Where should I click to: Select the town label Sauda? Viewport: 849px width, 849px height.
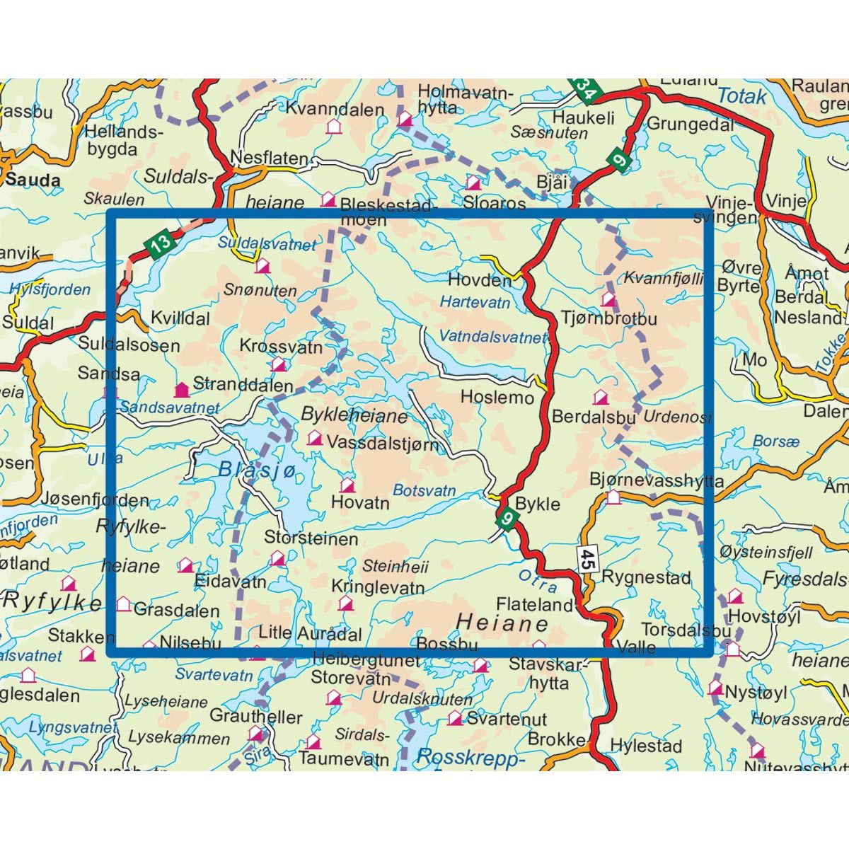click(x=33, y=180)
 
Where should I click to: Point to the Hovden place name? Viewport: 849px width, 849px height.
click(x=479, y=280)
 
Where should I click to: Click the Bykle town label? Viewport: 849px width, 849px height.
click(x=538, y=504)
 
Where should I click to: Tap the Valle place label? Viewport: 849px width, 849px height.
click(x=636, y=647)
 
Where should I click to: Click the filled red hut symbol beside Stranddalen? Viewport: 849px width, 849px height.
click(x=182, y=389)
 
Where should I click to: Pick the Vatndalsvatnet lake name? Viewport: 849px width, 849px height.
click(x=492, y=337)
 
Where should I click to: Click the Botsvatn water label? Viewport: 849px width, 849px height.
click(x=424, y=490)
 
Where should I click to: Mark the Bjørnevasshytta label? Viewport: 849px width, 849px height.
click(x=657, y=481)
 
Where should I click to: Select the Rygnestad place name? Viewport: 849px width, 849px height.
click(x=646, y=577)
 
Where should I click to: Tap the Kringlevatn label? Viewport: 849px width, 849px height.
click(x=378, y=587)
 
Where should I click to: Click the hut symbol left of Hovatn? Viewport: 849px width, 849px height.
click(x=347, y=486)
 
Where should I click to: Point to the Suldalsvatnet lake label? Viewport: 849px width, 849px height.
click(x=267, y=244)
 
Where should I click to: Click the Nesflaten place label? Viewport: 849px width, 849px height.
click(x=269, y=158)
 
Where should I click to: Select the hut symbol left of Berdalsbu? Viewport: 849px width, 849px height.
click(x=600, y=398)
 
